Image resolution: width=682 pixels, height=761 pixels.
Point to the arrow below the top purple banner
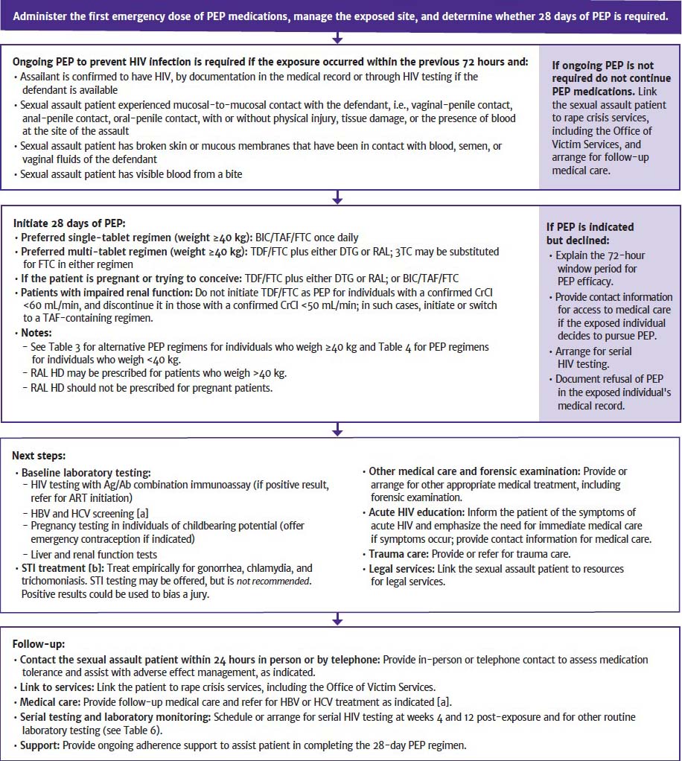click(x=337, y=36)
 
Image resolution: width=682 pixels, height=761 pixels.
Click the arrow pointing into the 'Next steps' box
click(x=337, y=430)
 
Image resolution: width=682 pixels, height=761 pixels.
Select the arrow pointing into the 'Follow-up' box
click(x=337, y=619)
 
